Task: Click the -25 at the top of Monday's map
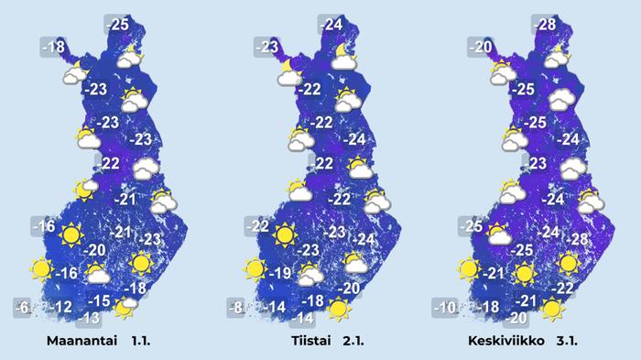118,23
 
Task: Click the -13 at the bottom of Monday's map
88,319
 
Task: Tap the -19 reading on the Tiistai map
280,273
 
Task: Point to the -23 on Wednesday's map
537,164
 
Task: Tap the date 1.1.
141,342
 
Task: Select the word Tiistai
304,342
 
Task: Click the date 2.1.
353,342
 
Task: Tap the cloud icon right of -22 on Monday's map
145,169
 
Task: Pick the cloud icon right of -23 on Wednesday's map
574,169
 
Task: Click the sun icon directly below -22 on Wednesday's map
551,308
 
